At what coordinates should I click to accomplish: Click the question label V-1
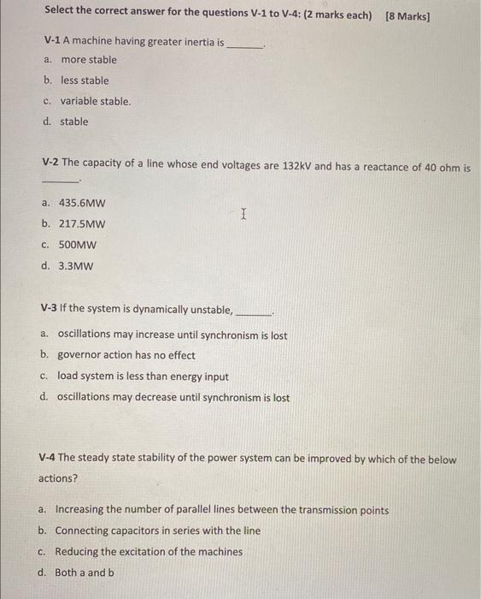point(53,41)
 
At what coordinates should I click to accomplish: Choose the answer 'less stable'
point(85,80)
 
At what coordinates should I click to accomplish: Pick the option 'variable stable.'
point(95,101)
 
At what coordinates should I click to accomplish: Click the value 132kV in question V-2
point(296,167)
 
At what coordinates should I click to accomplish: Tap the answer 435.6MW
point(82,204)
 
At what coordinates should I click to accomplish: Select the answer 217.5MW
point(82,224)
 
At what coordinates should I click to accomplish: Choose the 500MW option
point(78,245)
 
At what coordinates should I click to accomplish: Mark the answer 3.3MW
point(75,265)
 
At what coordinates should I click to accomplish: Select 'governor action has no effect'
point(126,355)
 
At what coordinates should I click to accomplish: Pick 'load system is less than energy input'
point(143,377)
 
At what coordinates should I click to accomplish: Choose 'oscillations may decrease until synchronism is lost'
point(173,398)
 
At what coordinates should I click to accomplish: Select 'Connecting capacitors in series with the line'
point(158,531)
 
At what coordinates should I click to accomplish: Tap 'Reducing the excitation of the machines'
point(149,552)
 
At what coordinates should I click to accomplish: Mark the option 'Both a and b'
point(85,572)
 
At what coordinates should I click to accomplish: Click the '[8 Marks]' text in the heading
point(408,15)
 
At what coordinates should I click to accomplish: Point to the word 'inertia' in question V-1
point(178,41)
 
